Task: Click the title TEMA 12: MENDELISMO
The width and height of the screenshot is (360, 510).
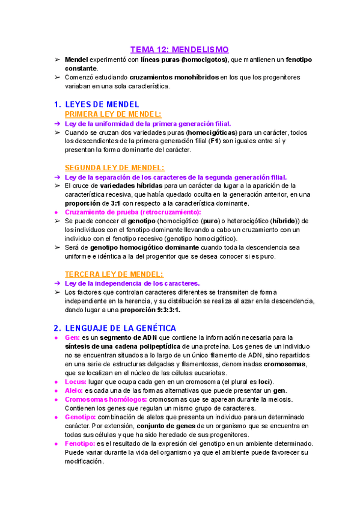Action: coord(180,49)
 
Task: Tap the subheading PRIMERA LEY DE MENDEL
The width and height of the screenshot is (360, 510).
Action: coord(112,114)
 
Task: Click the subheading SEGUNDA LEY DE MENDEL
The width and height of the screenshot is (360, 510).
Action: coord(114,168)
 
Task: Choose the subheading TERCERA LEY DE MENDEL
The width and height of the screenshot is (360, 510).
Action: coord(114,274)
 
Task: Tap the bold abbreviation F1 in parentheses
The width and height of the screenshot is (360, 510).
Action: coord(213,141)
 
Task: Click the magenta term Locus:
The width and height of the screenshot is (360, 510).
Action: coord(75,382)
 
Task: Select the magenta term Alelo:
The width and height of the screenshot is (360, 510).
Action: coord(75,391)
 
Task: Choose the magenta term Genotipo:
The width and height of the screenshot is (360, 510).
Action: coord(81,417)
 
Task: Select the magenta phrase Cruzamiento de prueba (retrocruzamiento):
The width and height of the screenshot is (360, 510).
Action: coord(133,212)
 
